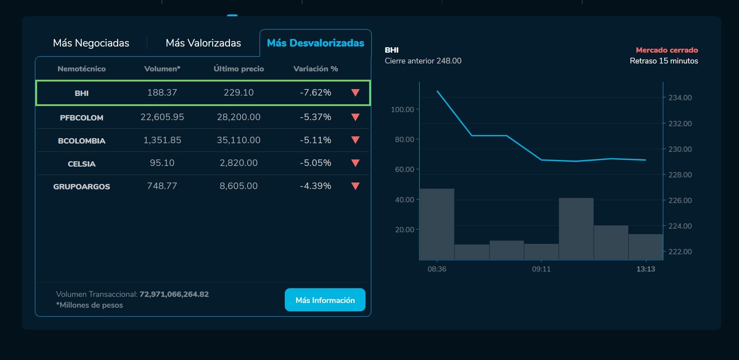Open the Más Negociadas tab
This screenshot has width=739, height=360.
[91, 43]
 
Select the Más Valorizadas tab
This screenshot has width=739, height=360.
[203, 43]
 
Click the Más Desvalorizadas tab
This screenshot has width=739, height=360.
[315, 43]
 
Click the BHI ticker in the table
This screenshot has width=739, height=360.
[81, 93]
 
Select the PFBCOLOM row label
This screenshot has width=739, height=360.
[81, 118]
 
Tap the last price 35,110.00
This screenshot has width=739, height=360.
[239, 140]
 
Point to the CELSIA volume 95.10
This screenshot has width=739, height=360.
[162, 163]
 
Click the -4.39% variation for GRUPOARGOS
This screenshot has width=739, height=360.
[315, 186]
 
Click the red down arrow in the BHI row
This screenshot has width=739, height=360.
[355, 93]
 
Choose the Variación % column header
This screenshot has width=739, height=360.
[315, 69]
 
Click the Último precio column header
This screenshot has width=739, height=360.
[239, 69]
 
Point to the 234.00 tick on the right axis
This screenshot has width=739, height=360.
[680, 97]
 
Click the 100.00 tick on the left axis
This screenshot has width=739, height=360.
[402, 109]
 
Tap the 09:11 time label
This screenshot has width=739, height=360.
[541, 269]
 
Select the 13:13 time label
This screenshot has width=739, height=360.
[646, 269]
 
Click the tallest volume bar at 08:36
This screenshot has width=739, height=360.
[437, 224]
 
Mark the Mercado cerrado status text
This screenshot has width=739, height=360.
[667, 50]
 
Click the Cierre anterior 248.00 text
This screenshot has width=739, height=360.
[423, 61]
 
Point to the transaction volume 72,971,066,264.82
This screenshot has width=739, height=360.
[174, 294]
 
